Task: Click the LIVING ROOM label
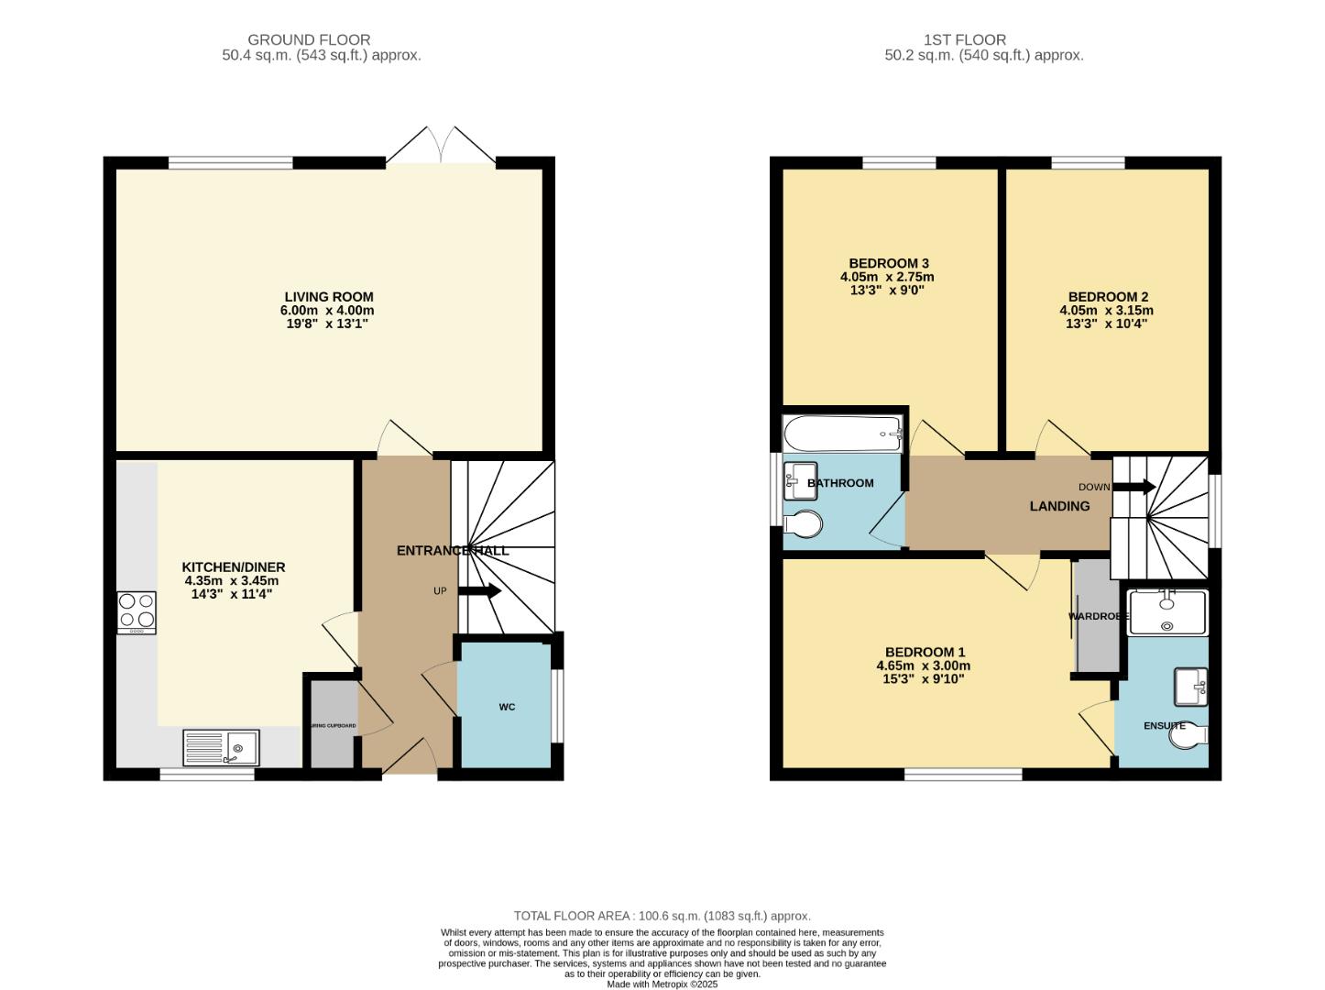click(328, 297)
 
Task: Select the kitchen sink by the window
click(221, 746)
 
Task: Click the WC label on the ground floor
click(507, 707)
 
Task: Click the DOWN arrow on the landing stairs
click(1141, 488)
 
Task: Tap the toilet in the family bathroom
click(804, 524)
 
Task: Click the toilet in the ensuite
click(1190, 735)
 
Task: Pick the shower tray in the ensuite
click(1167, 612)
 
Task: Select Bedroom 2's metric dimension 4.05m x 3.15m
click(1106, 311)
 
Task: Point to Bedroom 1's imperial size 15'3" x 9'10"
click(923, 679)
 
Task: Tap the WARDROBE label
click(1098, 616)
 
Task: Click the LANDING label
click(1059, 506)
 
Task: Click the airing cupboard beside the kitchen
click(333, 724)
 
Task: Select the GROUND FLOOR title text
click(309, 40)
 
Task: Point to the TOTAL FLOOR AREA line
click(662, 916)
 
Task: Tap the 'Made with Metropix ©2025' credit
click(662, 984)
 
